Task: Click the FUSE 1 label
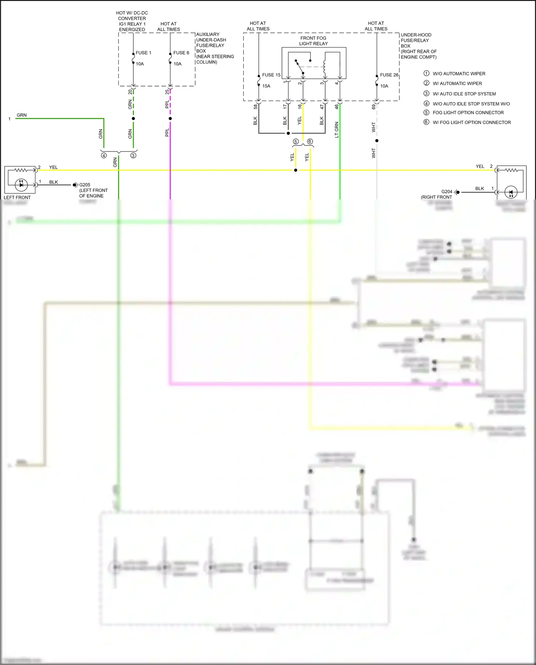(143, 53)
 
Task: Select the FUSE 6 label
(181, 53)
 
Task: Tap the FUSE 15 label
(271, 75)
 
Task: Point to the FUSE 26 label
(389, 75)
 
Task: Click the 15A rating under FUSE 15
(266, 86)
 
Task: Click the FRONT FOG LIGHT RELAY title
(313, 41)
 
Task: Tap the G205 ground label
(85, 185)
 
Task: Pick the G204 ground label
(447, 192)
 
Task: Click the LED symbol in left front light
(21, 184)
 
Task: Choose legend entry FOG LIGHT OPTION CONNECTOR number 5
(468, 113)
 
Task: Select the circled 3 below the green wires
(133, 155)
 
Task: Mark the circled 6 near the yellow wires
(310, 142)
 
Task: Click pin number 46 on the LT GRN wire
(337, 106)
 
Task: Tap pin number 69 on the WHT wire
(374, 106)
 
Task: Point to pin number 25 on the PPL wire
(167, 92)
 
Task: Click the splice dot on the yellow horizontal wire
(296, 170)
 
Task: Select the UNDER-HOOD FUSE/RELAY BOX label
(418, 46)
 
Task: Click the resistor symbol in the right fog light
(511, 170)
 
